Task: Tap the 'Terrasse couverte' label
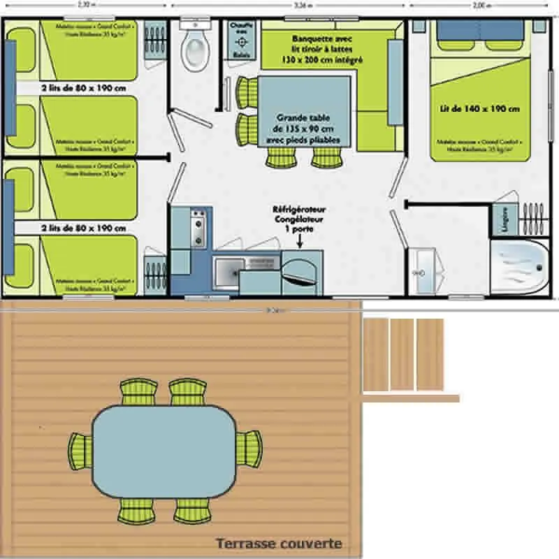coord(279,543)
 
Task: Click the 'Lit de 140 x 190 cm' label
coord(489,108)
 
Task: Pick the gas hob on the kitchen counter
coord(198,226)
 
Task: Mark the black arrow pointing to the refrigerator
coord(300,242)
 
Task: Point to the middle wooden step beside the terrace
coord(402,354)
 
